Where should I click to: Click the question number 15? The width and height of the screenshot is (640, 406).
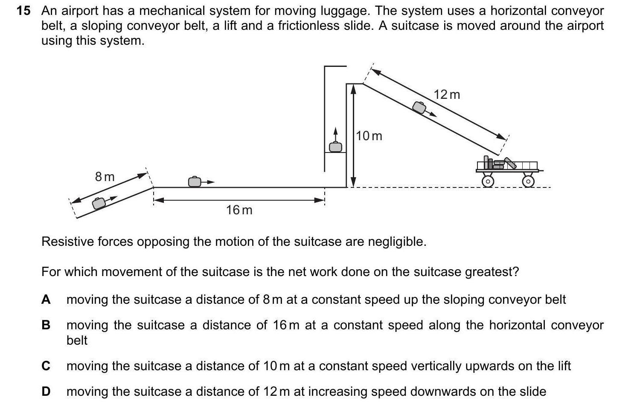[23, 11]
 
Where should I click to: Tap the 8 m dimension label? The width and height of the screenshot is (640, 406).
[105, 176]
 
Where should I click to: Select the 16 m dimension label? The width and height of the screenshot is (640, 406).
[239, 210]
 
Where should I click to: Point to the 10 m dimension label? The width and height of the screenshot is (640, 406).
[369, 136]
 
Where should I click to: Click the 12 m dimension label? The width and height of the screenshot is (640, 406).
[447, 95]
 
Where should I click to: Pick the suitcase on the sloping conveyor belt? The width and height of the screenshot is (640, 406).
[99, 203]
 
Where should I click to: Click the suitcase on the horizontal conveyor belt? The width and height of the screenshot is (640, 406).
[195, 181]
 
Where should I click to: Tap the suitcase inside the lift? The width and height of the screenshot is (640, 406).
[335, 147]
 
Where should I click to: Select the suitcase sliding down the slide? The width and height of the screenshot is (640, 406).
[419, 107]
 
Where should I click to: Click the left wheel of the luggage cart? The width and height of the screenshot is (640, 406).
[488, 181]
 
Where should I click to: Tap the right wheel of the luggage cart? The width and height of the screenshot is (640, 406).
[528, 181]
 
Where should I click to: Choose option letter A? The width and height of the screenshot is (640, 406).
[46, 300]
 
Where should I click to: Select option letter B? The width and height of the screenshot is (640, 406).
[46, 325]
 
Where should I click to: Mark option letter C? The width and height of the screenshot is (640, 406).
[46, 366]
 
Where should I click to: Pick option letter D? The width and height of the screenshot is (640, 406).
[46, 392]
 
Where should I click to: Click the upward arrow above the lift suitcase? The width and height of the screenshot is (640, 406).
[335, 133]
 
